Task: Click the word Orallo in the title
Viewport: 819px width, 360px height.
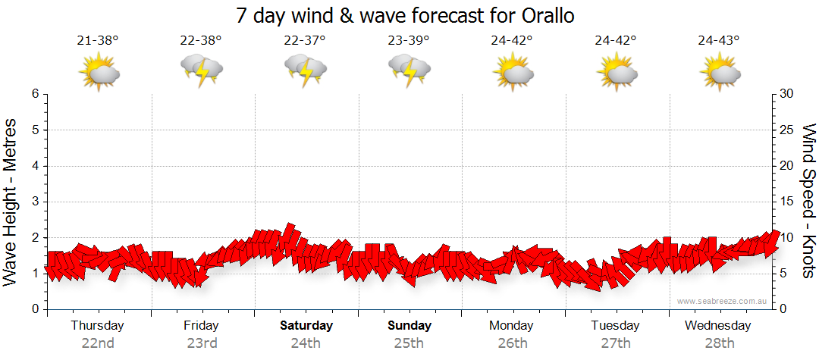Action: pos(547,15)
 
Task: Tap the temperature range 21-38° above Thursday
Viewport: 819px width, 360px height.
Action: pos(98,41)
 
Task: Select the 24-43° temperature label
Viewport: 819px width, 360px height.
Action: pos(719,41)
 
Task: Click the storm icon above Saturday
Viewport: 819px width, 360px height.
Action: pos(305,71)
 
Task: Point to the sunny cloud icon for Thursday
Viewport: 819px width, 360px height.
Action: pos(99,73)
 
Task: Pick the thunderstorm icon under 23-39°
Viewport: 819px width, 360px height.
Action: pos(409,71)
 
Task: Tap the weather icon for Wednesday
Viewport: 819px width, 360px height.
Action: pos(720,73)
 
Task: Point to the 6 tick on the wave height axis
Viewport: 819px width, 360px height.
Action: pos(34,94)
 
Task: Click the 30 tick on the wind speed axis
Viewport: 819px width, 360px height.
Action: pos(787,94)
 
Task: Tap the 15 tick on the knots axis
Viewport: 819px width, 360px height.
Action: pos(787,202)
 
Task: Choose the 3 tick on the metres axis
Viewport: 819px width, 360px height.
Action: pos(34,202)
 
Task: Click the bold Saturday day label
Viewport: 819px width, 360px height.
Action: pos(306,326)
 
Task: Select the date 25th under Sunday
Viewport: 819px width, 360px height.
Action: pos(409,343)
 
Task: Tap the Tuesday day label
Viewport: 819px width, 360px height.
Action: pos(615,326)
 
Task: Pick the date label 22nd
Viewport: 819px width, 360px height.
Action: pos(98,343)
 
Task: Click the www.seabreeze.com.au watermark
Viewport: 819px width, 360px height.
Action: pos(723,301)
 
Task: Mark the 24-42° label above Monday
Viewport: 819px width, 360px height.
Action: pos(512,41)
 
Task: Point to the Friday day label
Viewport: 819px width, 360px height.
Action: pos(201,326)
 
